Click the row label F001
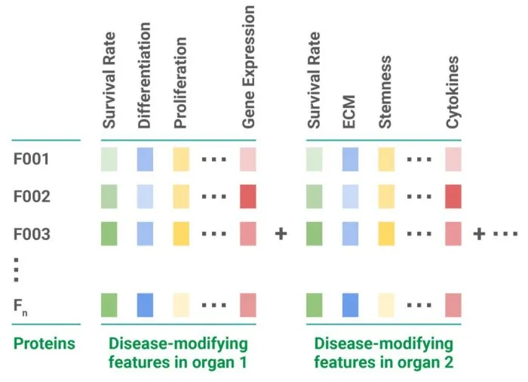(x=32, y=159)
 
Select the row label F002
(x=32, y=196)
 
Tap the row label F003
(x=32, y=234)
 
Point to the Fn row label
(x=20, y=307)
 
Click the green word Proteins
(x=44, y=343)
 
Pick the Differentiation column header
(x=144, y=75)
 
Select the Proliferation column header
(x=180, y=82)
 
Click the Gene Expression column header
(x=248, y=66)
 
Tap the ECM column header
(x=348, y=112)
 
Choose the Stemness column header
(x=385, y=92)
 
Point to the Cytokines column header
(x=453, y=92)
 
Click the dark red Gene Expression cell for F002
(x=248, y=196)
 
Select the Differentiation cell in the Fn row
(x=145, y=305)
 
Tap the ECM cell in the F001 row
(x=350, y=159)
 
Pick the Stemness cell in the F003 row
(x=386, y=233)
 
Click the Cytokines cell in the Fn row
(x=453, y=305)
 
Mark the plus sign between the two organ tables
(x=281, y=233)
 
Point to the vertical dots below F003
(x=16, y=270)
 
